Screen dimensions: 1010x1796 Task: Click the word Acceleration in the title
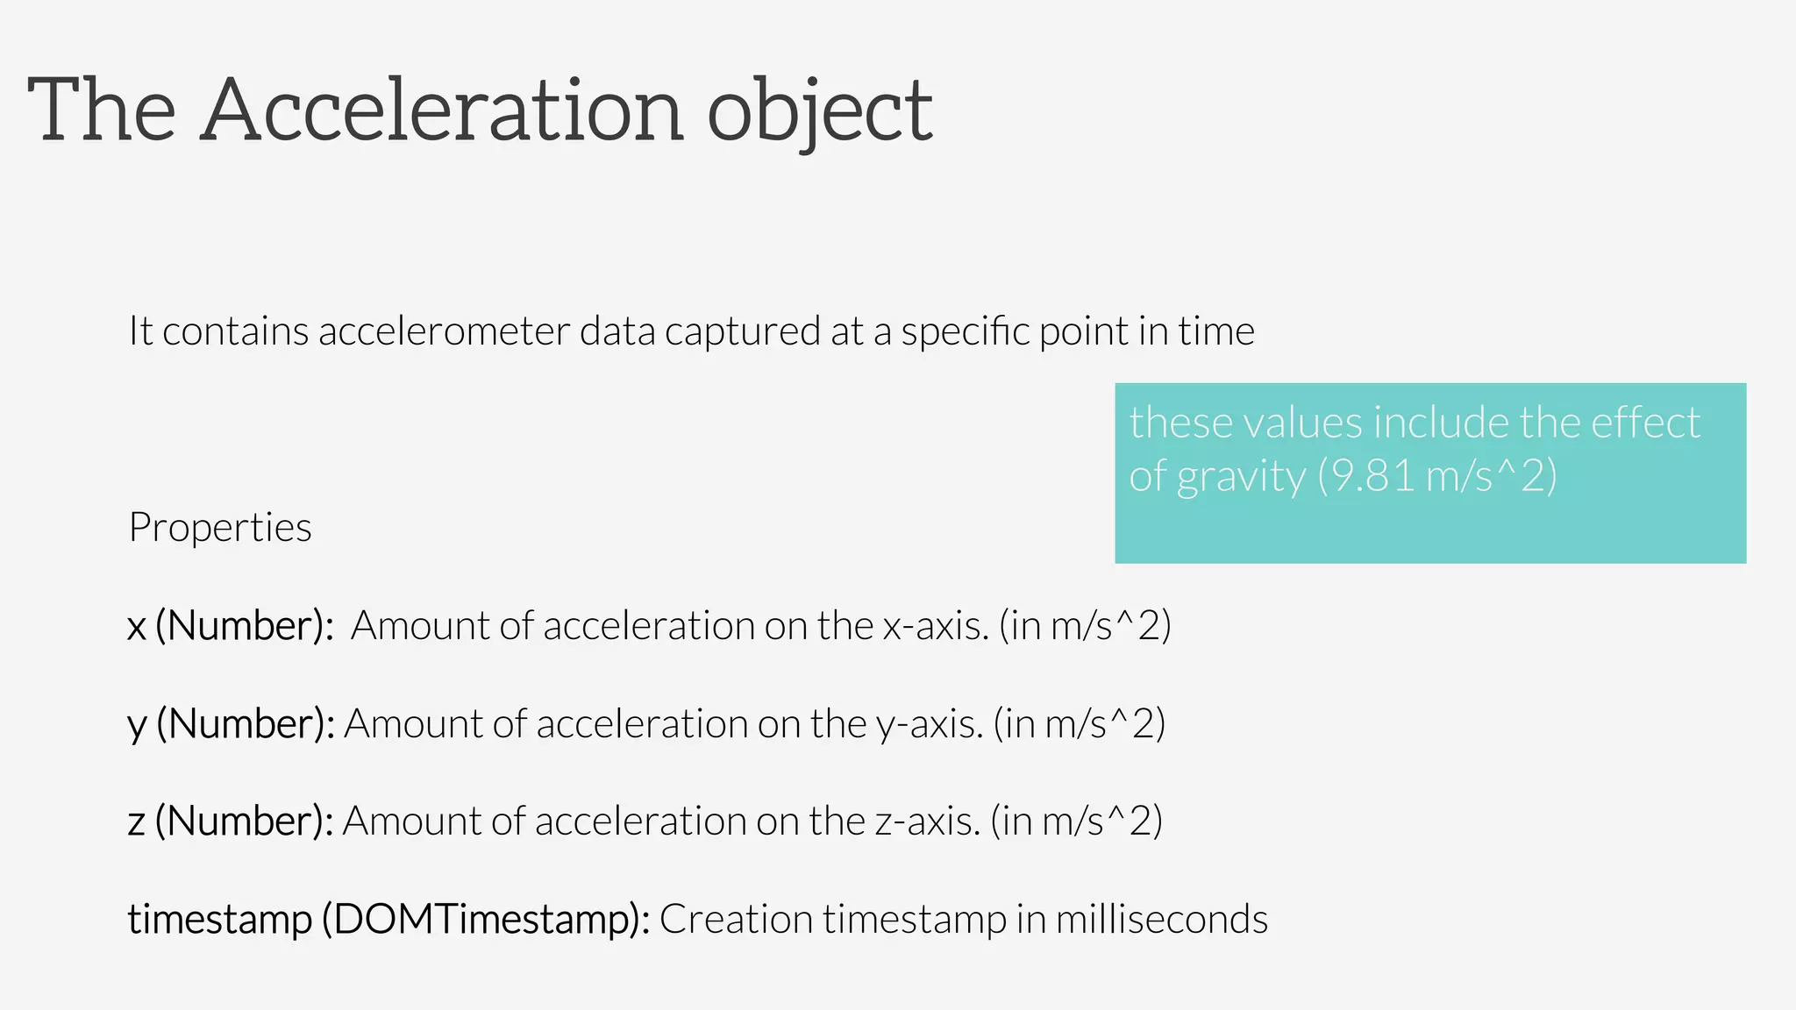tap(442, 110)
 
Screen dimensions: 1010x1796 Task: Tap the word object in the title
tap(819, 112)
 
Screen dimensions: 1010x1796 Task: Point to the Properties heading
tap(220, 528)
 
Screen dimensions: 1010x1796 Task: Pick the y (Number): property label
tap(231, 724)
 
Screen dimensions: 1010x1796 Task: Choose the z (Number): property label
tap(230, 822)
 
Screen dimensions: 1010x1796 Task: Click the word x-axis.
tap(935, 626)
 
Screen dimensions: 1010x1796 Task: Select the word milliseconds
tap(1161, 920)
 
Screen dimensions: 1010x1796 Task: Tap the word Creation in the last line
tap(736, 920)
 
